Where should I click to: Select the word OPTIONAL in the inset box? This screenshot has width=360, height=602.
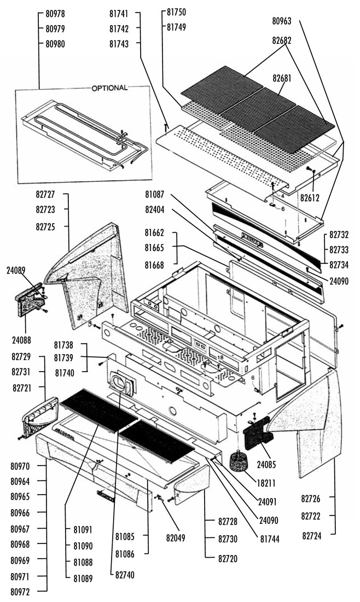(109, 88)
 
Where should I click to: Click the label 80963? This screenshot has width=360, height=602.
(282, 22)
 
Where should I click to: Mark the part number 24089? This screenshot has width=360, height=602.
(16, 270)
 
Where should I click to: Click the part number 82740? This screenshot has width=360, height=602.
(125, 575)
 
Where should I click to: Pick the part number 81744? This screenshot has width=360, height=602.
(269, 539)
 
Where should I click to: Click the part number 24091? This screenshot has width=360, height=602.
(269, 501)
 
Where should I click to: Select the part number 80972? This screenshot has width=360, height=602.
(20, 592)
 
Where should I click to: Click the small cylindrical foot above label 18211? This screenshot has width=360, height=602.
(239, 460)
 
